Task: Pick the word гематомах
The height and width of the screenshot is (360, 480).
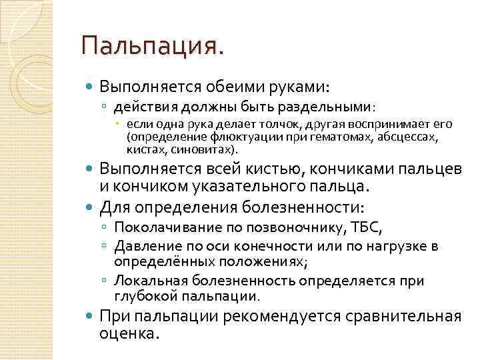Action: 321,137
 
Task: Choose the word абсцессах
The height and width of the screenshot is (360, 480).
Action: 406,137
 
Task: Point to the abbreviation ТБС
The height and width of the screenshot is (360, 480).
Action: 367,229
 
